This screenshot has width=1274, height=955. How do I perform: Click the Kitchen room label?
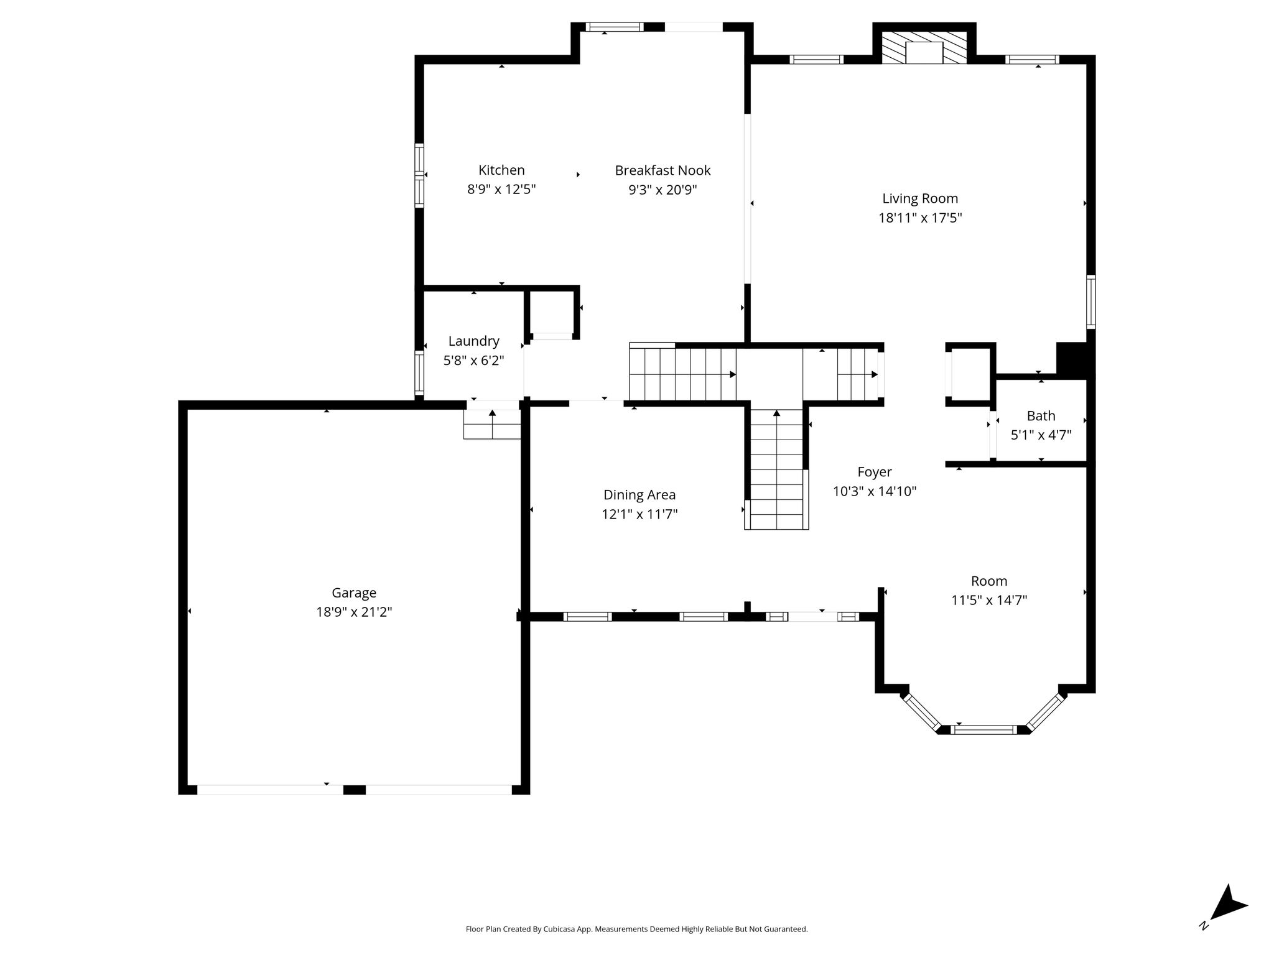(501, 170)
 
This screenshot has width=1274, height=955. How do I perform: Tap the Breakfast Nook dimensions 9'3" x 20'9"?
(663, 190)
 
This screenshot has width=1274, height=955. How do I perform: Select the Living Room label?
(920, 198)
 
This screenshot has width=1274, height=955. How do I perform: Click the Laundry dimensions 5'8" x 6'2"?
(473, 360)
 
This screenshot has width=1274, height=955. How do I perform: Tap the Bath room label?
(1041, 415)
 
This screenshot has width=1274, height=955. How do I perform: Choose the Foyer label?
(874, 472)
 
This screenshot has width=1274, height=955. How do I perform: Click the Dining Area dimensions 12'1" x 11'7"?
(639, 514)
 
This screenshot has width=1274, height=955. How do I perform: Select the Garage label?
(354, 593)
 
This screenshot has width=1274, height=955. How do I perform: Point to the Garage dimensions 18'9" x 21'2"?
(354, 612)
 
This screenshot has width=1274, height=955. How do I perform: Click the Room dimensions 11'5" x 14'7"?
(989, 600)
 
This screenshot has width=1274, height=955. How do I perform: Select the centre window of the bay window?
(985, 729)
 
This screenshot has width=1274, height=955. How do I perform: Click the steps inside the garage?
(492, 424)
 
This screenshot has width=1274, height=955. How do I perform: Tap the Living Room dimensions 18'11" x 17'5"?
(920, 218)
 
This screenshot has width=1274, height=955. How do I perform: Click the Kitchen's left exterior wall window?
(419, 175)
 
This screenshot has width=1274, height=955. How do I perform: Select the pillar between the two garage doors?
(355, 790)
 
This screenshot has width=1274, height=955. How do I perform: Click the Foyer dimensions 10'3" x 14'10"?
(874, 491)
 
